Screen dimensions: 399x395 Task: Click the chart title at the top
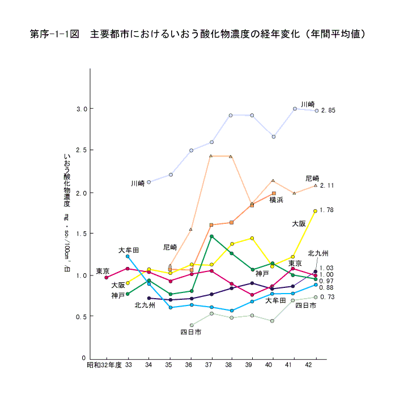pyautogui.click(x=197, y=34)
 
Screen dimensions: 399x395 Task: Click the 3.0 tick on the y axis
pyautogui.click(x=82, y=109)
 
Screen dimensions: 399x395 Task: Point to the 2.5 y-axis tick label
pyautogui.click(x=82, y=151)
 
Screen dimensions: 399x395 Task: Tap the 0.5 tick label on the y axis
pyautogui.click(x=82, y=316)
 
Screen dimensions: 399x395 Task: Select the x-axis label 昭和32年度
pyautogui.click(x=104, y=366)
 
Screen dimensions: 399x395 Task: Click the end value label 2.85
pyautogui.click(x=328, y=111)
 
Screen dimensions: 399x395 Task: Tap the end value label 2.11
pyautogui.click(x=328, y=185)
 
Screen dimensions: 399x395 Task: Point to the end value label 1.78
pyautogui.click(x=327, y=210)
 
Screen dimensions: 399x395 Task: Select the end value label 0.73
pyautogui.click(x=328, y=298)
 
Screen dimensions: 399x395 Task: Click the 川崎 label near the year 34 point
pyautogui.click(x=138, y=184)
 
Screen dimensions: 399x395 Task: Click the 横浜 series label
pyautogui.click(x=276, y=200)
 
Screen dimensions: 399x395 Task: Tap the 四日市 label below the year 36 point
pyautogui.click(x=191, y=332)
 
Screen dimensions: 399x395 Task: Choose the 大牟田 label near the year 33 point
pyautogui.click(x=129, y=250)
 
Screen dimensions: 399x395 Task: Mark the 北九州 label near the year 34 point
pyautogui.click(x=145, y=305)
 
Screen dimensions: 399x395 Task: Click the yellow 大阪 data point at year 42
pyautogui.click(x=315, y=211)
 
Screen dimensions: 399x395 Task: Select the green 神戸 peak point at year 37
pyautogui.click(x=211, y=236)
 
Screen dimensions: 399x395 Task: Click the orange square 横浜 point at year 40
pyautogui.click(x=274, y=194)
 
